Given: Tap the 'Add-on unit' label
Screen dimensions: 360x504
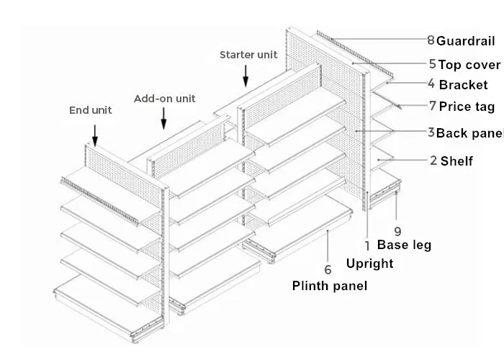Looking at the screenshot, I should [x=164, y=99].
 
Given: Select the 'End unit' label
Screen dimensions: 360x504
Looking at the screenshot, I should [x=91, y=110].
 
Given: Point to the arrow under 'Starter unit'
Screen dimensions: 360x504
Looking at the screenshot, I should [x=246, y=75].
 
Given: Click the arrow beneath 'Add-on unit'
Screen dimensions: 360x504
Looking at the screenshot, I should [x=165, y=118].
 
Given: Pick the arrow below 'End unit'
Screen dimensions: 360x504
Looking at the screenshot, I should [x=94, y=133].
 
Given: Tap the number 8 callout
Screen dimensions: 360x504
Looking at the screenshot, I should [x=431, y=40].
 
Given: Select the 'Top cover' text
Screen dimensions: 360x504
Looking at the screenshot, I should [x=469, y=65].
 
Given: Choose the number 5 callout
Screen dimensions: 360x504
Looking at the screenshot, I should [x=432, y=64].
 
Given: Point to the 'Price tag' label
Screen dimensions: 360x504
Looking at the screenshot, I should [x=467, y=107].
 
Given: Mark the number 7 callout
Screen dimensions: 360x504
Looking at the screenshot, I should [x=432, y=106].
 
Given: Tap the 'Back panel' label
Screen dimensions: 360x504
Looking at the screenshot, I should [x=470, y=133].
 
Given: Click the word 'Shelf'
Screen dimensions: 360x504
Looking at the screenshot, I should [x=456, y=161].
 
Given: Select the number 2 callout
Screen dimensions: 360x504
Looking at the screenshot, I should [x=433, y=160].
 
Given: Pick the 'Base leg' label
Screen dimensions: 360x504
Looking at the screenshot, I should [x=404, y=245].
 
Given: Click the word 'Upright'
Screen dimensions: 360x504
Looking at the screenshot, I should [x=369, y=263].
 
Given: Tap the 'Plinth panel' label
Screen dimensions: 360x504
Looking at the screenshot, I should [x=329, y=286].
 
